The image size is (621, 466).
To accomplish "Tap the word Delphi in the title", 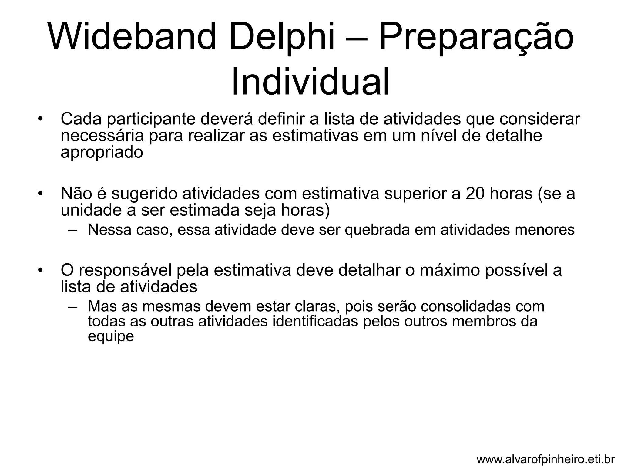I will pyautogui.click(x=282, y=37).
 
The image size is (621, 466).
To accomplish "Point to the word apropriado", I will pyautogui.click(x=102, y=153).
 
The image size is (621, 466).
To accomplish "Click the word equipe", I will pyautogui.click(x=111, y=337).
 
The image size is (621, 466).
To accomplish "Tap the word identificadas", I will pyautogui.click(x=315, y=321).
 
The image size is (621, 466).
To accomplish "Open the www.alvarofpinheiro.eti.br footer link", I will pyautogui.click(x=545, y=459).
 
